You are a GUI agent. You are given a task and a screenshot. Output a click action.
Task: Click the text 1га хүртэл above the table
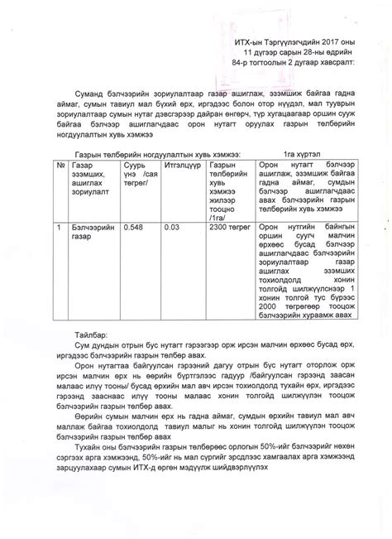[x=302, y=154]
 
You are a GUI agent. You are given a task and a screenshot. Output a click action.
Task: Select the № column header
[x=60, y=166]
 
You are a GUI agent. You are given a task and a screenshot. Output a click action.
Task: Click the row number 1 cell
[x=60, y=225]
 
